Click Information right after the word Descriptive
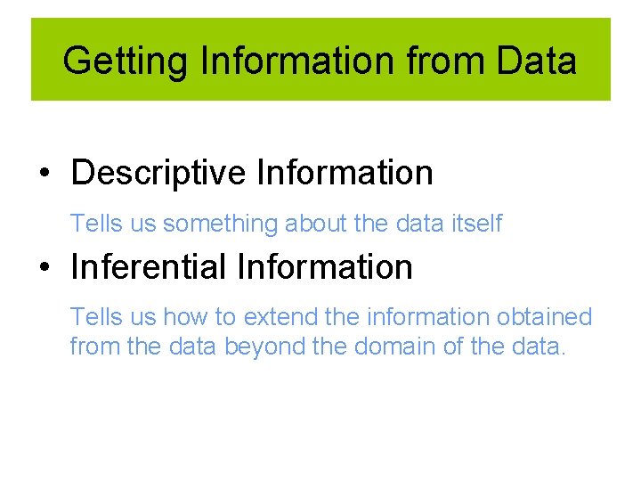tap(345, 173)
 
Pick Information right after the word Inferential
tap(325, 266)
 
